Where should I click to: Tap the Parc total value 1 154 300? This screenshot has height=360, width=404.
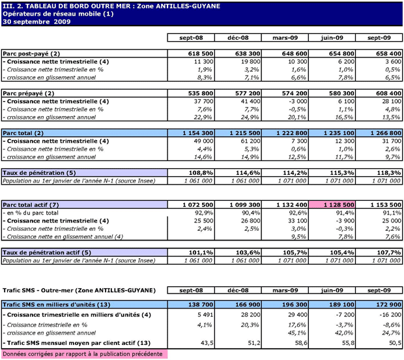pos(196,132)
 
